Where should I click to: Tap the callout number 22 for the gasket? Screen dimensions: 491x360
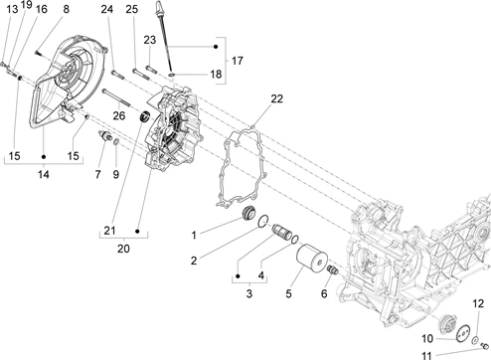[x=277, y=98]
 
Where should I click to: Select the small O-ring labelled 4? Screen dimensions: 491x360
[x=294, y=240]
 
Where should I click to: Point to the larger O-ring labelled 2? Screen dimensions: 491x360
[x=263, y=222]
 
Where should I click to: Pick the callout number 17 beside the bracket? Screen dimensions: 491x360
[x=238, y=61]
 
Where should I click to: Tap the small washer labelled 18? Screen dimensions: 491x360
[x=172, y=74]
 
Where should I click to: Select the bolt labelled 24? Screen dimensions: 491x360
[x=118, y=75]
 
